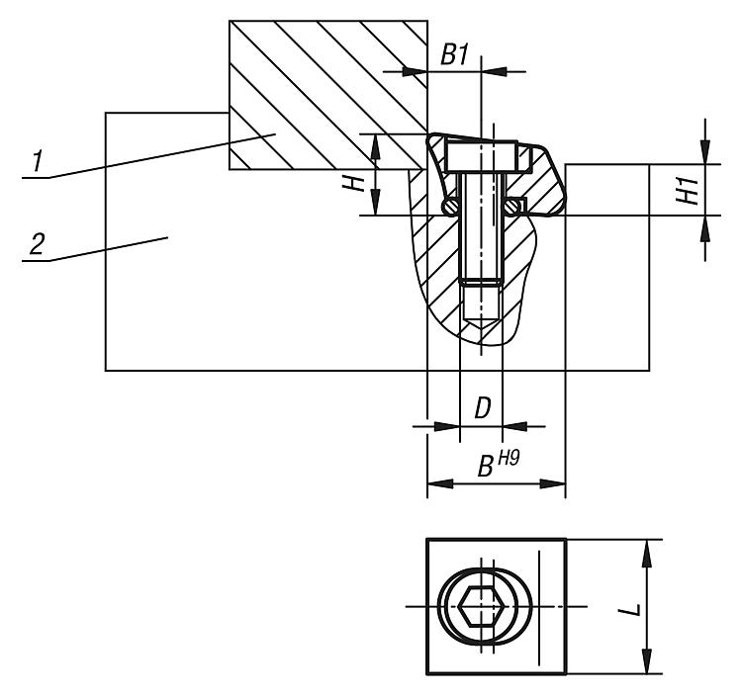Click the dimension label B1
(453, 55)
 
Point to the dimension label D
(482, 407)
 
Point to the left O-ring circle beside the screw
(450, 206)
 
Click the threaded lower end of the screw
(481, 297)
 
